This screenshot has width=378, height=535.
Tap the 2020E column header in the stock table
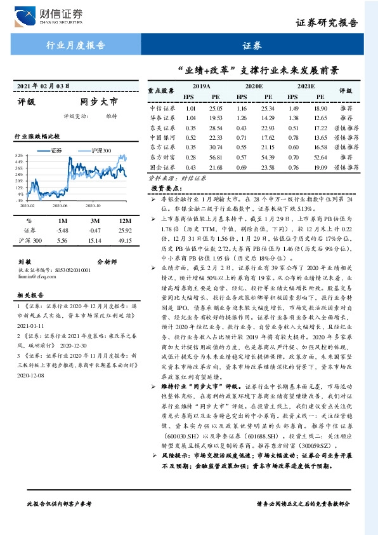(x=254, y=85)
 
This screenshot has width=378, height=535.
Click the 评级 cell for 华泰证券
(x=346, y=118)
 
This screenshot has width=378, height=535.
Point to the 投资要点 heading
(x=167, y=189)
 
